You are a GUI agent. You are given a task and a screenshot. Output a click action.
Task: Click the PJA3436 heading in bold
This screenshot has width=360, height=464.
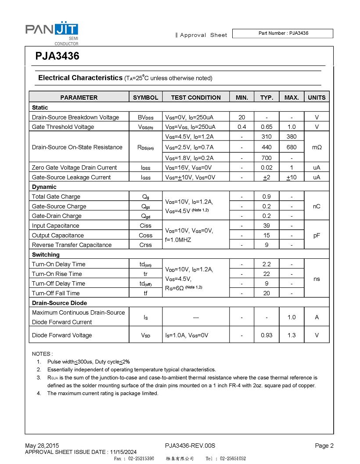click(58, 56)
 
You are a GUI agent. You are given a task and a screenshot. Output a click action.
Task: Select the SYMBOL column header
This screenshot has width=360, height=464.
click(145, 98)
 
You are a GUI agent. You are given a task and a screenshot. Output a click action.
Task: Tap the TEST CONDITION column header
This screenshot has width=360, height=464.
click(196, 98)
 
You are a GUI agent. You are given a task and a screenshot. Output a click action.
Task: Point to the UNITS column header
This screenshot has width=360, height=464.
click(317, 98)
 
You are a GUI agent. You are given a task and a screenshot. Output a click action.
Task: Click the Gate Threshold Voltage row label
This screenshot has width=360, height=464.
click(63, 127)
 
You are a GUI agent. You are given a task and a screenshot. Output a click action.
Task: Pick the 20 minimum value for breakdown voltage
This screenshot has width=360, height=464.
click(242, 117)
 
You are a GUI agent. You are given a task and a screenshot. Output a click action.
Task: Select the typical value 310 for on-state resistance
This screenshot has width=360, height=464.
click(266, 137)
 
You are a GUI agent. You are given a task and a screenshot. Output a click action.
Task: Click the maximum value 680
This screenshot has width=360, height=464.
click(292, 147)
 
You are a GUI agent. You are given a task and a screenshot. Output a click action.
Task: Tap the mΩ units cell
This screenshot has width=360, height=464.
click(317, 147)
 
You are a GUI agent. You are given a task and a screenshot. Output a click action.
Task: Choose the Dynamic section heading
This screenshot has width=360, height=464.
click(44, 187)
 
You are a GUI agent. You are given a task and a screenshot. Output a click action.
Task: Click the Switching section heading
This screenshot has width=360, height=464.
click(46, 254)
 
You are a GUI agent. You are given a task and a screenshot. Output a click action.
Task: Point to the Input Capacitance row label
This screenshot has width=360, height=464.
click(56, 225)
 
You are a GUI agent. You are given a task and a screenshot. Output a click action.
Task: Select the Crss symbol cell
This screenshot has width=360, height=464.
click(145, 245)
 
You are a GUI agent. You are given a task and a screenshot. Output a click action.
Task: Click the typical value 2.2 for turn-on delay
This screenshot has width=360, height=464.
click(266, 264)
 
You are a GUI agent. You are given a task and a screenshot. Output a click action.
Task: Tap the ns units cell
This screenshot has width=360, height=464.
click(317, 279)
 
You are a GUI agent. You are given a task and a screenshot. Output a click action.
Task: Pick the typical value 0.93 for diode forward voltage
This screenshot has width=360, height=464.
click(266, 335)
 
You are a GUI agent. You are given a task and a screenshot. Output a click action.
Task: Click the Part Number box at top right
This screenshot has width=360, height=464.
click(283, 33)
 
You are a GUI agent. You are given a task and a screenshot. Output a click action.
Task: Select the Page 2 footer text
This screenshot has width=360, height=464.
click(324, 446)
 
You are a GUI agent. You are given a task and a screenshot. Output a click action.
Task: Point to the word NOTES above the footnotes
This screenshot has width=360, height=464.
click(42, 354)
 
